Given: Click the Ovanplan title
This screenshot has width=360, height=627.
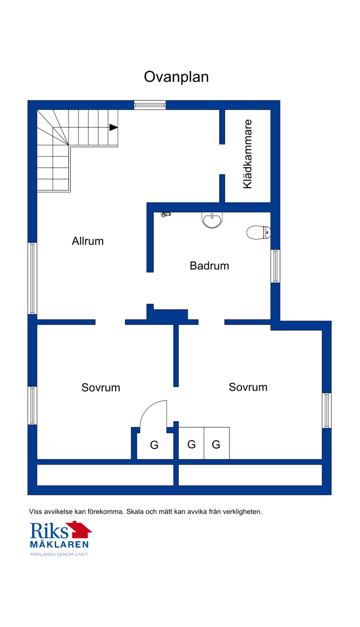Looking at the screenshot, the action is point(176,77).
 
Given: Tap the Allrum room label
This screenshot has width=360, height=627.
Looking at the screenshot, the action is point(88,241).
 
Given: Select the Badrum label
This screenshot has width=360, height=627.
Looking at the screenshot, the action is point(209,266).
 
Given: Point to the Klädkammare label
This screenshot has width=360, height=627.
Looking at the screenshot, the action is point(247,154).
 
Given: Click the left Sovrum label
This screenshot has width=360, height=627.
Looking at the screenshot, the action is point(101,387).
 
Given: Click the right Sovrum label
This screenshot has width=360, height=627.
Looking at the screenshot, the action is point(248,387).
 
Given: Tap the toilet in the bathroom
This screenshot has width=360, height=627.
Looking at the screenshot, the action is point(258,233).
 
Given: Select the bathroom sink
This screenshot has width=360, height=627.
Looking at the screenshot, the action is point(212,220).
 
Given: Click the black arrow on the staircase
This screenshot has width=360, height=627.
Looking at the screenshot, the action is point(113,127).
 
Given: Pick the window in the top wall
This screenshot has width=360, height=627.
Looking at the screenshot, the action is point(150,105).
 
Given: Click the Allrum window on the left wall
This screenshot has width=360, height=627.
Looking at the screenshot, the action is point(32,278).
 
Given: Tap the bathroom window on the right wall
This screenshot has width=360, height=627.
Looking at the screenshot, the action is point(275,266).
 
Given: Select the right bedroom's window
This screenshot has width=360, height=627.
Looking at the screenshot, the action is point(327,410).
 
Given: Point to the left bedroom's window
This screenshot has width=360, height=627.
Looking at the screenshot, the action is point(32,406).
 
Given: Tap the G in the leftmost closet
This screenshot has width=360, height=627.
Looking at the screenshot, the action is point(154,445).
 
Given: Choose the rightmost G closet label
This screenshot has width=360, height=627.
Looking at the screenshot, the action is point(216,444).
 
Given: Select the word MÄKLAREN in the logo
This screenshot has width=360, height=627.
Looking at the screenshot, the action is point(59,544).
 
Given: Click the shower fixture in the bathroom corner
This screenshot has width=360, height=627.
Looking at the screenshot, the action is point(166,215).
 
